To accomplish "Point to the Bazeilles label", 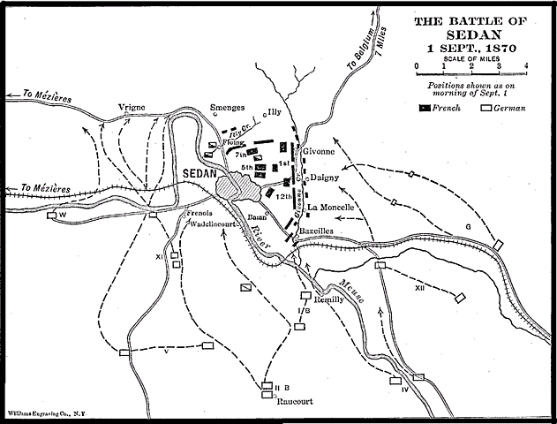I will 320,230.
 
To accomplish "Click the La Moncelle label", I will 330,208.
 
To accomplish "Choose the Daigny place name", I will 327,177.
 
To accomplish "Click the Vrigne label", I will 131,108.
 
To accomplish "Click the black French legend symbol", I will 426,108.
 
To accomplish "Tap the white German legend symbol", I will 486,108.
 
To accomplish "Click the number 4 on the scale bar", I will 525,67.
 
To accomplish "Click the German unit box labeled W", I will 55,215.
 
